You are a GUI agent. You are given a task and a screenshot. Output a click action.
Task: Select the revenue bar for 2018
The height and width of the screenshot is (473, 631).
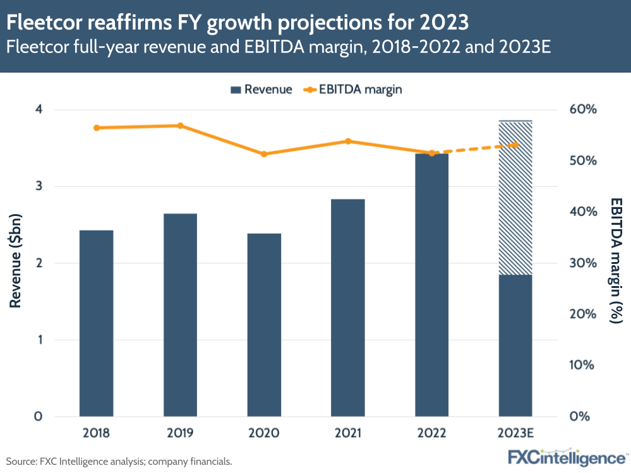click(96, 323)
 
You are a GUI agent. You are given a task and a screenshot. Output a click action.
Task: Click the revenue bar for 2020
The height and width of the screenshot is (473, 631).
click(264, 325)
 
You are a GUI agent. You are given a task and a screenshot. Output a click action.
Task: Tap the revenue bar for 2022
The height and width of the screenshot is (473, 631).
click(432, 285)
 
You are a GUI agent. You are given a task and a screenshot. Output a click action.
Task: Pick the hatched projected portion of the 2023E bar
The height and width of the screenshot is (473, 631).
click(515, 197)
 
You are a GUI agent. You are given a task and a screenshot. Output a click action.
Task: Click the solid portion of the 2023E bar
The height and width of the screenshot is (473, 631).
click(515, 345)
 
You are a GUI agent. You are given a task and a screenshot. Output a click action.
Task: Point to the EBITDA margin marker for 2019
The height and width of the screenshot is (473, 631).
click(180, 126)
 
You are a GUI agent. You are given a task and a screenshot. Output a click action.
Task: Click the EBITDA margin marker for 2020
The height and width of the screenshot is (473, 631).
click(264, 154)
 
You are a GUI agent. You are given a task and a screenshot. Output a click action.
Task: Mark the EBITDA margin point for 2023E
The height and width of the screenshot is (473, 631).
click(515, 145)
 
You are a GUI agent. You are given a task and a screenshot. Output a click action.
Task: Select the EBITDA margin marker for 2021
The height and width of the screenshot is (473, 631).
click(348, 141)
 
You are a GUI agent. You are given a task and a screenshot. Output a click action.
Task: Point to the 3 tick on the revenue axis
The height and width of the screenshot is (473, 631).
click(39, 186)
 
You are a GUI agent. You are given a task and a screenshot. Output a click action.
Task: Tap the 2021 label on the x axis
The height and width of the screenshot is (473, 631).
click(348, 433)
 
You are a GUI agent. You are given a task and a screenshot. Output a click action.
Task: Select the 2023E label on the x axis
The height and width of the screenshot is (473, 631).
click(515, 433)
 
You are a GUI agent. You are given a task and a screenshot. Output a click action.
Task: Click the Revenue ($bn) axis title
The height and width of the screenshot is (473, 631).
click(16, 263)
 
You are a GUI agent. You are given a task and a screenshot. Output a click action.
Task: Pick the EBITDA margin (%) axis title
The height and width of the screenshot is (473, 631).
click(615, 260)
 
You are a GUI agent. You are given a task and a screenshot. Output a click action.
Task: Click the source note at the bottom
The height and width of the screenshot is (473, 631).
click(119, 462)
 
